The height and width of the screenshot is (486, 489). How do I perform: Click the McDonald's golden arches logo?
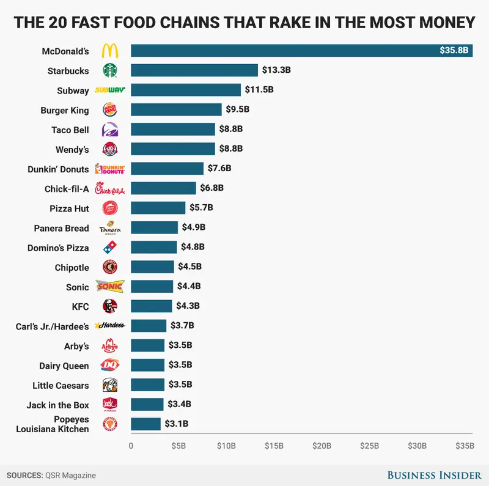point(110,51)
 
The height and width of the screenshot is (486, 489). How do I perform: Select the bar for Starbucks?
point(194,70)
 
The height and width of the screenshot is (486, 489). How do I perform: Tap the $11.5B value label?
point(259,90)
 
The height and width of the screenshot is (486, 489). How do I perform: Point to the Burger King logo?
point(110,110)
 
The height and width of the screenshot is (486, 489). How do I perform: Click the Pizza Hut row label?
point(69,208)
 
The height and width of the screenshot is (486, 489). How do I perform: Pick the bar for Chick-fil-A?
point(163,188)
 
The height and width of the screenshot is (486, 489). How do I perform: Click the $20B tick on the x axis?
point(322,446)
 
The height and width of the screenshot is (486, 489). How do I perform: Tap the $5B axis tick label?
point(178,446)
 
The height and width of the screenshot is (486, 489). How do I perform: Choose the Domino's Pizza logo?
point(110,248)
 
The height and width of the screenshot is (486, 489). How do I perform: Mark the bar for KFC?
point(151,306)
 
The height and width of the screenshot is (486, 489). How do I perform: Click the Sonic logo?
point(110,287)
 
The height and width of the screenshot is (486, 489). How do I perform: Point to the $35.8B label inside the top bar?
point(454,51)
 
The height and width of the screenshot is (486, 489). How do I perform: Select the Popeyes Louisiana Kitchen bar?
point(145,424)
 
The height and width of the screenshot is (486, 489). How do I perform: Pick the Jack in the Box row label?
point(57,405)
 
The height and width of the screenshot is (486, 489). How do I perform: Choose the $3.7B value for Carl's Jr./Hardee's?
point(184,326)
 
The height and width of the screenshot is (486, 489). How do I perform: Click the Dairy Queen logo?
point(110,366)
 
